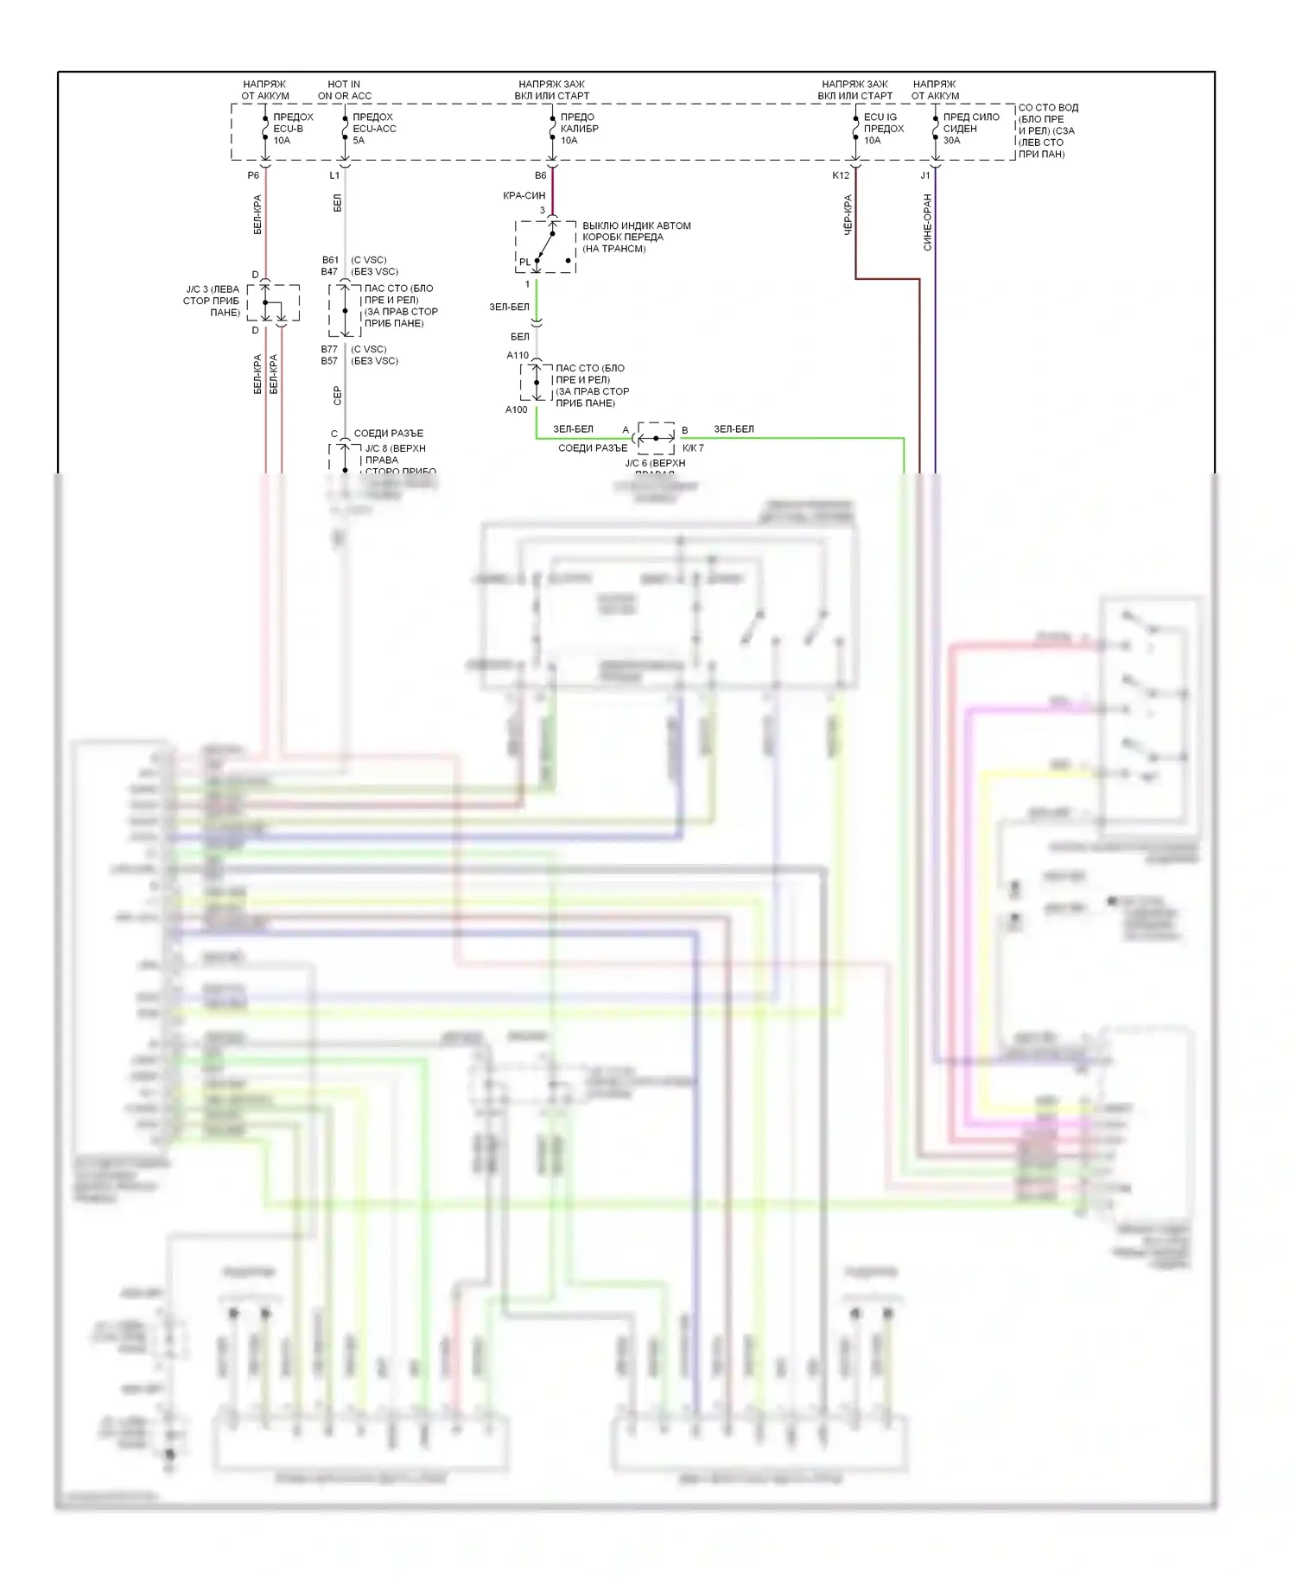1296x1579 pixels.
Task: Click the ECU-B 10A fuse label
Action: [x=292, y=129]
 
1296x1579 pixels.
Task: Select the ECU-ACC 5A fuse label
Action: [x=373, y=129]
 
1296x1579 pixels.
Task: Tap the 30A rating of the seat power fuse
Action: [x=951, y=141]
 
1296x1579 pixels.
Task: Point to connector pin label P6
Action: [x=253, y=175]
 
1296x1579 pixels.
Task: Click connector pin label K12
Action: [x=841, y=175]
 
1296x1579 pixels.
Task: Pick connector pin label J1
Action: [x=925, y=175]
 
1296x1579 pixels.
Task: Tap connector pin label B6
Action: [x=540, y=175]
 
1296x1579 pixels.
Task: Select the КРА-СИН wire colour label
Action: [x=524, y=196]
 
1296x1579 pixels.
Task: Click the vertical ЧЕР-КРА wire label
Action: [x=848, y=214]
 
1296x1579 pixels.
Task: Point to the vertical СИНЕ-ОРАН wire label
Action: [x=928, y=222]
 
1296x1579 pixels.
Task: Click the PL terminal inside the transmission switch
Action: [x=525, y=262]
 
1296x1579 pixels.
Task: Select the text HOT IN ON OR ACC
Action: [x=344, y=90]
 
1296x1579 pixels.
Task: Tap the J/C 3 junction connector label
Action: [x=213, y=301]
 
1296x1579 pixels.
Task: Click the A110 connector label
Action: [x=518, y=355]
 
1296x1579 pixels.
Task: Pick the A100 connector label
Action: [x=516, y=409]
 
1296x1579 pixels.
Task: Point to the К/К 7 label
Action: [x=693, y=447]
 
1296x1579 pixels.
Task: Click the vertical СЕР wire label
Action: [x=338, y=395]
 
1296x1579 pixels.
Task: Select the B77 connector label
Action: [x=329, y=350]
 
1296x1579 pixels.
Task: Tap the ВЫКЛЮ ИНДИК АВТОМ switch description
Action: [x=636, y=237]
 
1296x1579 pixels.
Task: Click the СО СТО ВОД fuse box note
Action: [x=1047, y=130]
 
